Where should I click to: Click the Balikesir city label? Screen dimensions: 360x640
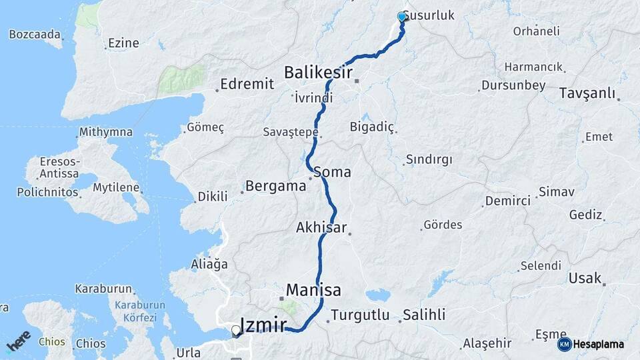click(x=318, y=72)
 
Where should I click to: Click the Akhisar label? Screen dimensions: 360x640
click(x=321, y=228)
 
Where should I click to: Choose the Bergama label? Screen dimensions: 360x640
click(x=275, y=186)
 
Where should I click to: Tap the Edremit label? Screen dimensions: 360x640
click(x=247, y=83)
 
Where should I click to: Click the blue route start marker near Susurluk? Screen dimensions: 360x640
click(x=402, y=17)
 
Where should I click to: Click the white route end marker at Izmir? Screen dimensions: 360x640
click(x=235, y=330)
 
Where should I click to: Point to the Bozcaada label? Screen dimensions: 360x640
click(x=35, y=34)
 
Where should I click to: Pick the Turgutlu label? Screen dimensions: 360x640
click(x=359, y=315)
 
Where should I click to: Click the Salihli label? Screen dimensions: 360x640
click(x=424, y=314)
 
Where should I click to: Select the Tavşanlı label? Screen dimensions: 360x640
click(x=587, y=93)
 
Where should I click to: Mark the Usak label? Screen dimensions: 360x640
click(x=585, y=278)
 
